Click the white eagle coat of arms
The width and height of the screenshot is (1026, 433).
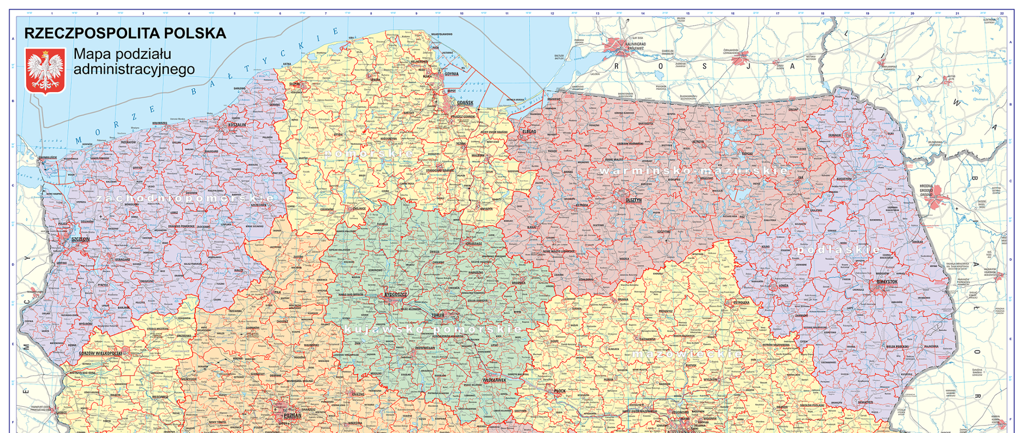click(45, 71)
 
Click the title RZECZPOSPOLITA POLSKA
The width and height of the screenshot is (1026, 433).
click(125, 33)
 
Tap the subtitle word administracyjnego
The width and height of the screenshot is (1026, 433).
click(134, 69)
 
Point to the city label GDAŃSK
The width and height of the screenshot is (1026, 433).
click(465, 103)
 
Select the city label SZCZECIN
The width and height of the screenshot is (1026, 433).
click(81, 239)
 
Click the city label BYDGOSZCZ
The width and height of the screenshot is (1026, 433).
click(395, 295)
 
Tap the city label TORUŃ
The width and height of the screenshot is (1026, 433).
click(438, 315)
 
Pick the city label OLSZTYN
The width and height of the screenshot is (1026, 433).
click(633, 200)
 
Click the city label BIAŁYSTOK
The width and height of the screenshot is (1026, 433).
click(887, 281)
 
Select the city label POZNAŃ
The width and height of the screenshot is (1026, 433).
click(292, 415)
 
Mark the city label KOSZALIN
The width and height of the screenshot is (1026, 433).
click(237, 125)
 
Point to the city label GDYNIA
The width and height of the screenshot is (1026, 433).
click(452, 74)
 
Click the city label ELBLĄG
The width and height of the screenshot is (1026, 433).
click(529, 131)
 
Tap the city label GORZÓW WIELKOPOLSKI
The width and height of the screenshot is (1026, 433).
click(100, 353)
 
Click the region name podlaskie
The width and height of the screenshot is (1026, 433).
click(838, 250)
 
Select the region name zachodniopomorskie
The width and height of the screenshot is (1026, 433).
click(185, 198)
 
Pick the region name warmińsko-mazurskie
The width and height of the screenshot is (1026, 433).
click(693, 171)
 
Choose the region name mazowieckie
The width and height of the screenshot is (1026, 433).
click(687, 354)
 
